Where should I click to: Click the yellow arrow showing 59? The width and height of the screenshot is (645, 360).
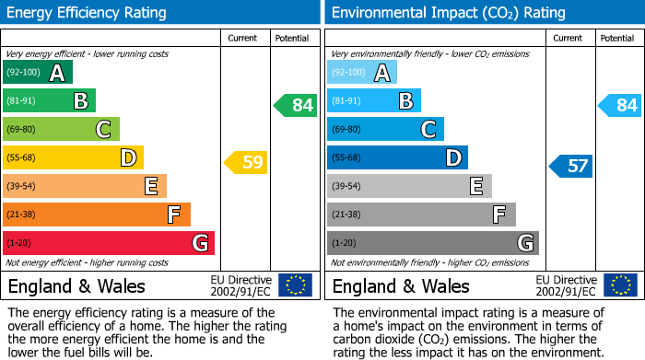(x=245, y=163)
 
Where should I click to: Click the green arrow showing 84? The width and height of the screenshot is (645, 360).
(x=295, y=105)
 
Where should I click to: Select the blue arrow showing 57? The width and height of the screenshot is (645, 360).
(x=570, y=166)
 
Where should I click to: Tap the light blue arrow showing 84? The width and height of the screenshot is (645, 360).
(x=619, y=105)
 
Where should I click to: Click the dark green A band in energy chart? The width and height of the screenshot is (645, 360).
(x=38, y=72)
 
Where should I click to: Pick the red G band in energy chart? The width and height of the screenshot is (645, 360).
(x=109, y=243)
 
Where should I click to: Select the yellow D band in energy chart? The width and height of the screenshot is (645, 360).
(x=73, y=157)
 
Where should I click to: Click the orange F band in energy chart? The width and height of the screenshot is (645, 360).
(x=97, y=215)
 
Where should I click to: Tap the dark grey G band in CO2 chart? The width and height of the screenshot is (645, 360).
(x=432, y=243)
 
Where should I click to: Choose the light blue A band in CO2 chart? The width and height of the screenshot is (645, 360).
(x=362, y=72)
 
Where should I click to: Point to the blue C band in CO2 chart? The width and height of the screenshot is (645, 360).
(x=385, y=129)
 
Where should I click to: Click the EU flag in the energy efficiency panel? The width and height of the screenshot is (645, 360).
(x=295, y=285)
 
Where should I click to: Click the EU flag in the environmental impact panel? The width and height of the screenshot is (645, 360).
(x=620, y=285)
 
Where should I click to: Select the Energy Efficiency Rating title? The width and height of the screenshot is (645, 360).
(x=88, y=13)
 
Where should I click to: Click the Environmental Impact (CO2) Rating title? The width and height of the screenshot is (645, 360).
(x=448, y=13)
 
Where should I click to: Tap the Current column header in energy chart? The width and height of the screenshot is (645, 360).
(x=242, y=38)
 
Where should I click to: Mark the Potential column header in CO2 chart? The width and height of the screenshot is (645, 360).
(x=616, y=38)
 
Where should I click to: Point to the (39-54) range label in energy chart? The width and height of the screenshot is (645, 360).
(x=22, y=186)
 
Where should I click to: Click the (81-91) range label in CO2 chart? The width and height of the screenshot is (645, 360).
(x=346, y=100)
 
